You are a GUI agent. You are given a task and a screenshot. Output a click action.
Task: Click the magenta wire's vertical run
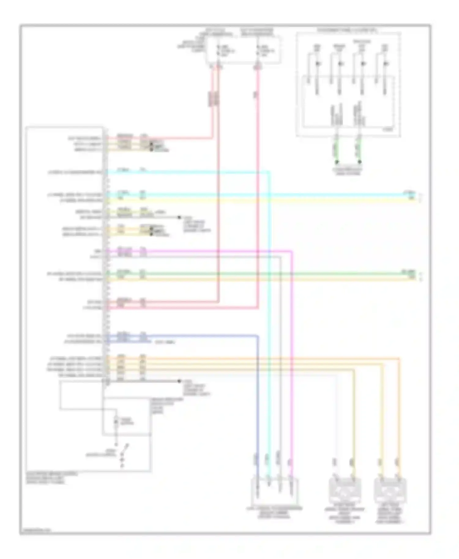click(x=292, y=367)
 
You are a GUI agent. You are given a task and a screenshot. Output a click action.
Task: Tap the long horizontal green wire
click(x=260, y=274)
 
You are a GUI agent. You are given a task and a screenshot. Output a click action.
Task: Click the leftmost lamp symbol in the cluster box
click(x=317, y=64)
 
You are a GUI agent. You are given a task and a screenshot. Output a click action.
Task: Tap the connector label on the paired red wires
click(x=214, y=98)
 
